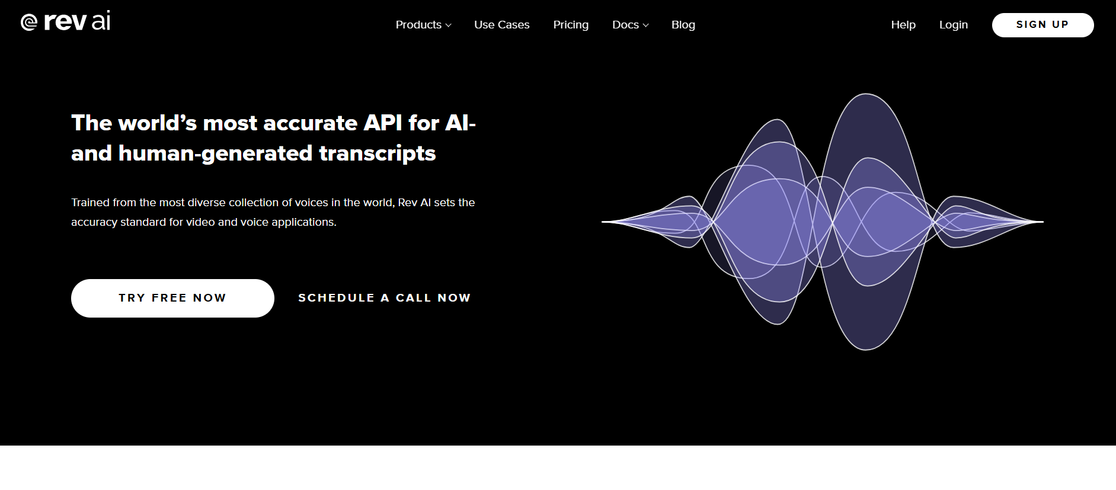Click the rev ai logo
tap(65, 21)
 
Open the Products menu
tap(423, 25)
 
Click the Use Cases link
tap(501, 25)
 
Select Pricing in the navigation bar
tap(571, 25)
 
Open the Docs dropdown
tap(630, 25)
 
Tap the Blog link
tap(683, 25)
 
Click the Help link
tap(903, 25)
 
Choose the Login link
tap(954, 25)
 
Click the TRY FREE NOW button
tap(172, 298)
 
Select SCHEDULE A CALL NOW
tap(385, 298)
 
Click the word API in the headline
tap(383, 123)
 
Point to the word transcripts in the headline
tap(378, 153)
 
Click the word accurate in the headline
tap(310, 123)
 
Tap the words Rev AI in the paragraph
tap(414, 203)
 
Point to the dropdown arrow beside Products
tap(449, 25)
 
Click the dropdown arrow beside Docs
tap(646, 25)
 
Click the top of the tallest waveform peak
tap(866, 94)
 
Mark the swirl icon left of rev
tap(29, 23)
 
